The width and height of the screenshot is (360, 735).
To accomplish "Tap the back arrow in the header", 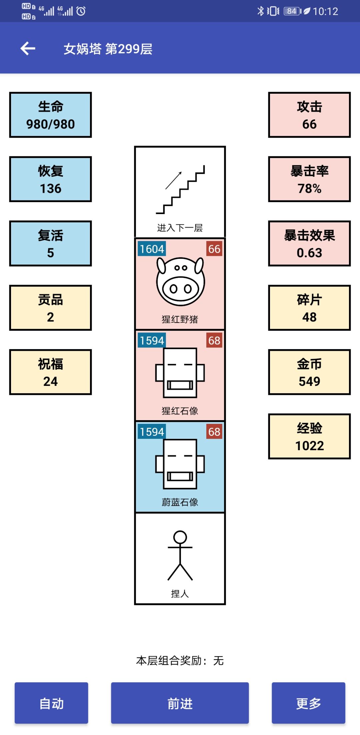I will (x=28, y=49).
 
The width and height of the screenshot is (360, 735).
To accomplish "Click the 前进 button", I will (x=180, y=703).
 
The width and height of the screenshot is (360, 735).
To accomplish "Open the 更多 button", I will (x=308, y=703).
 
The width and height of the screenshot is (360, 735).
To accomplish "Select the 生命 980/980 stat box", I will (x=50, y=115).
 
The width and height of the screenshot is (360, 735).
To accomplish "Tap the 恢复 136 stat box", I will (x=50, y=179).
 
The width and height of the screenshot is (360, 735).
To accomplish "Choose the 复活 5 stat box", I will (x=50, y=244).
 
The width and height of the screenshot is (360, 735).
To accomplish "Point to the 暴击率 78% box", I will (x=309, y=179).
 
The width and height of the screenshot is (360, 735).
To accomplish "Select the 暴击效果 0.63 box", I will (x=309, y=244).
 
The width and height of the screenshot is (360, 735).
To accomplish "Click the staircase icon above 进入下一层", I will (x=180, y=189).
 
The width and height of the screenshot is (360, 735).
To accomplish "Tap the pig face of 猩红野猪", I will (x=180, y=281).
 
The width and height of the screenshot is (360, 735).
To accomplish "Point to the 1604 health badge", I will (x=152, y=249).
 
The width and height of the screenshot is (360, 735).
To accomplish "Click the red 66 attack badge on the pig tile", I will (x=214, y=249).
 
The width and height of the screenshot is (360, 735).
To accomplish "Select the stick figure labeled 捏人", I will (x=180, y=556).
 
